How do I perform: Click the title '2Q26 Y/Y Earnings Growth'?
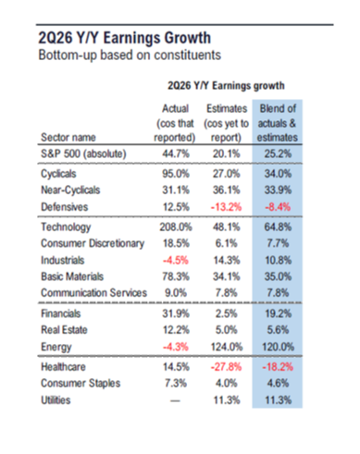[x=125, y=38]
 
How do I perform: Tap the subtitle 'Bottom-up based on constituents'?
[x=130, y=55]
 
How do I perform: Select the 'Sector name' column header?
[x=68, y=137]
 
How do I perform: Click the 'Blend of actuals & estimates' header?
[x=278, y=123]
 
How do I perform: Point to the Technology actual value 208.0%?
[x=176, y=227]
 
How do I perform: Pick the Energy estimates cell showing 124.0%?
[x=227, y=347]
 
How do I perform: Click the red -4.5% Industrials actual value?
[x=176, y=260]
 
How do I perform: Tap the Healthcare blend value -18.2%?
[x=278, y=367]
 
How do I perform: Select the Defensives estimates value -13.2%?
[x=226, y=207]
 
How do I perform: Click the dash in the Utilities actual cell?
[x=175, y=400]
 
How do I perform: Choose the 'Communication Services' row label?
[x=93, y=293]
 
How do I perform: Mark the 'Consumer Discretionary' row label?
[x=93, y=243]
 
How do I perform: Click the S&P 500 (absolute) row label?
[x=83, y=153]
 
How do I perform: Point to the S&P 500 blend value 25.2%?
[x=278, y=153]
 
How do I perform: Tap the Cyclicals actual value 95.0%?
[x=176, y=174]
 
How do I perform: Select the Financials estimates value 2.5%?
[x=226, y=313]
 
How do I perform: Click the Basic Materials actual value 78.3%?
[x=176, y=276]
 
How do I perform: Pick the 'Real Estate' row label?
[x=64, y=330]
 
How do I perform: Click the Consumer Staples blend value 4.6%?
[x=278, y=383]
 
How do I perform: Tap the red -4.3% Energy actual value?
[x=176, y=347]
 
